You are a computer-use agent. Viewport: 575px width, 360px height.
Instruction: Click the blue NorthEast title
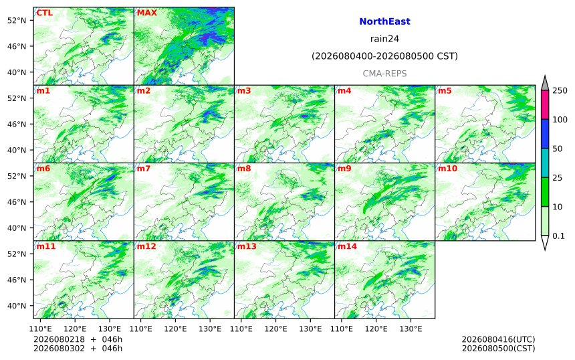384,21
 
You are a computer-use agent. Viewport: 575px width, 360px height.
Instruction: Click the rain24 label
384,39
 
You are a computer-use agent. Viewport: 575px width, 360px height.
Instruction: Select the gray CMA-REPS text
384,74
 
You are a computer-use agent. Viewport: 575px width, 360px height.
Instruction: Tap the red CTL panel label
44,13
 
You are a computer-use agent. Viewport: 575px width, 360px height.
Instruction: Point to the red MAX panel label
146,13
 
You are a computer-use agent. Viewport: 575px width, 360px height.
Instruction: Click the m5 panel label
445,90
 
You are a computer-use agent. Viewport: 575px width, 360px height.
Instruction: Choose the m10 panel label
448,169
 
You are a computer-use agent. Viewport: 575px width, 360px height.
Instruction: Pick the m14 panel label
347,246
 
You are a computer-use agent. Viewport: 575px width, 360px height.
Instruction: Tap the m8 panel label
244,169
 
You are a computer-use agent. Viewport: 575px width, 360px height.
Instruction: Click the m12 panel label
146,246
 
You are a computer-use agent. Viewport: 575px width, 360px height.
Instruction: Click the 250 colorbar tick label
560,90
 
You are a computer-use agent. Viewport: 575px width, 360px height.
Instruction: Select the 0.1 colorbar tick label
558,236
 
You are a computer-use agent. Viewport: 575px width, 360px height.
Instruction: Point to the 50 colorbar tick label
557,149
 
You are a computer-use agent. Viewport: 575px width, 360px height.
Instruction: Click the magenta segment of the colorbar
545,105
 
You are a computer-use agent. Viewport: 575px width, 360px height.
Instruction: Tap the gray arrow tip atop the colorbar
545,76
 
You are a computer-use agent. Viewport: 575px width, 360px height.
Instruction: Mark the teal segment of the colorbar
545,163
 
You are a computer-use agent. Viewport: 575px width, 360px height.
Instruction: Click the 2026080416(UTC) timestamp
498,339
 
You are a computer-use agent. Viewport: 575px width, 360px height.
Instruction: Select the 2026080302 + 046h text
78,348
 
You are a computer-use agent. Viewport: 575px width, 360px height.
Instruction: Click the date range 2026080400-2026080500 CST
384,56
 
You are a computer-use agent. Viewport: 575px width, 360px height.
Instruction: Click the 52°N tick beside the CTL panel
17,20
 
